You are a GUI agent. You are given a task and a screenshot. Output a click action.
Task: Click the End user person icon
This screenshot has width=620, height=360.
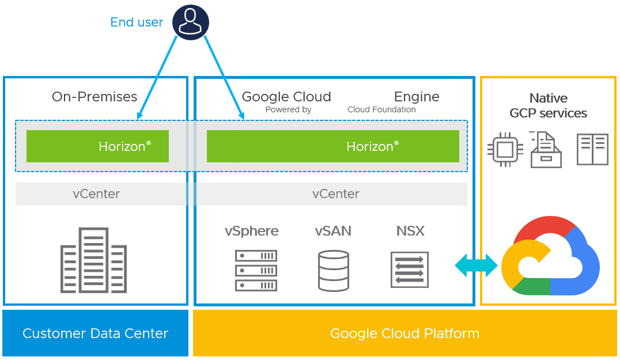[x=191, y=22]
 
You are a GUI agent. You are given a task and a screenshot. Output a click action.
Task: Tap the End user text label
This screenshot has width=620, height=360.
[x=137, y=22]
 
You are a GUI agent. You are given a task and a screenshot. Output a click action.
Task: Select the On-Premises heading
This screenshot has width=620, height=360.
[x=94, y=97]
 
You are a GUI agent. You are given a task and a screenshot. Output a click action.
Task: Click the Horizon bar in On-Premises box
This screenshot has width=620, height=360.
[x=97, y=146]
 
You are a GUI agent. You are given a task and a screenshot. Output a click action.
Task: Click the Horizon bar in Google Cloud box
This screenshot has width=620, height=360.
[x=332, y=146]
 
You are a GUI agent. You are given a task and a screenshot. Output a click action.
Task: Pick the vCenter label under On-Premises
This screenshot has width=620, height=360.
[x=96, y=194]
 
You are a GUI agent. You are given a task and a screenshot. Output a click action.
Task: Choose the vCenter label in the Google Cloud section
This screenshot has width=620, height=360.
[x=336, y=194]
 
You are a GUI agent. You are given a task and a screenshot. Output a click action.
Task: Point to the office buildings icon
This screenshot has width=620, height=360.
[x=94, y=260]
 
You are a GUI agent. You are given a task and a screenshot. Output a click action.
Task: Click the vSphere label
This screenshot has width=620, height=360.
[x=252, y=231]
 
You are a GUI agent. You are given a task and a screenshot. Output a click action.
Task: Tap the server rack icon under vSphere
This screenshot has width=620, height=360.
[x=256, y=270]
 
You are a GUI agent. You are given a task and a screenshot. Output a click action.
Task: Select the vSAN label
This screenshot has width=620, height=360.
[x=333, y=231]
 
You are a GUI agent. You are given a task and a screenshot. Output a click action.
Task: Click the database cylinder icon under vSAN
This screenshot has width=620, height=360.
[x=334, y=270]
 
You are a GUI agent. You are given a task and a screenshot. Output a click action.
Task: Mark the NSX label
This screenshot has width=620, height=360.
[x=410, y=231]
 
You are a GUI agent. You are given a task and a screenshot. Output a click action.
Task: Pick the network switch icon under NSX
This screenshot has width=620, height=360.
[x=410, y=269]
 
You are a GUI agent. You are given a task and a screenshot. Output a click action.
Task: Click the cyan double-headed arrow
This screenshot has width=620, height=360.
[x=476, y=266]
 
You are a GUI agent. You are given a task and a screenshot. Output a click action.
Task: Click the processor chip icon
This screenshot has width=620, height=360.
[x=505, y=150]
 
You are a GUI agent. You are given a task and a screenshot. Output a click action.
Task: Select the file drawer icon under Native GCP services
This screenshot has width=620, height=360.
[x=545, y=150]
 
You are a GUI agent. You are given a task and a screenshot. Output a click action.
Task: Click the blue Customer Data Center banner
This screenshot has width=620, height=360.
[x=96, y=333]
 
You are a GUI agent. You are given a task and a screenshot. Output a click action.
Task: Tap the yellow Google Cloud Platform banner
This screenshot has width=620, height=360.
[x=404, y=333]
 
